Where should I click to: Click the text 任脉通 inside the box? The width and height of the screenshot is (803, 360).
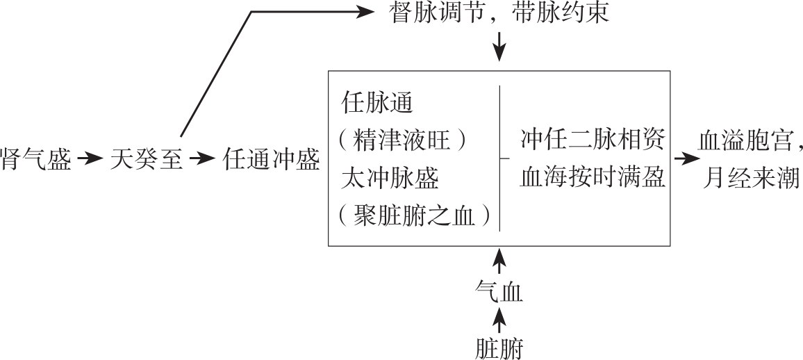[377, 104]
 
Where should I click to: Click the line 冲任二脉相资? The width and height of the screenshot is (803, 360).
[593, 141]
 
